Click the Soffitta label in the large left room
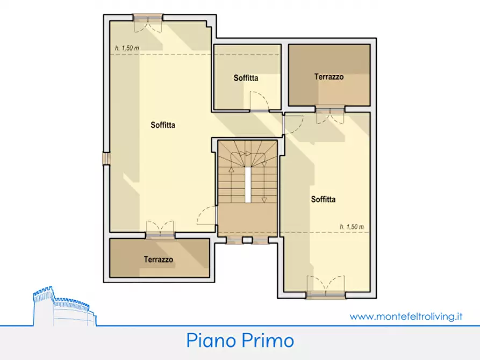click(x=163, y=125)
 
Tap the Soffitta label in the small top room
click(x=246, y=78)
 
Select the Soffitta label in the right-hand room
click(x=323, y=199)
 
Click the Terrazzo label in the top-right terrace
click(x=329, y=77)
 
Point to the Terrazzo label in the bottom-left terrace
click(x=159, y=260)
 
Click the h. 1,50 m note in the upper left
click(x=127, y=48)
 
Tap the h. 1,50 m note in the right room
click(x=352, y=227)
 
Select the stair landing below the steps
click(x=247, y=220)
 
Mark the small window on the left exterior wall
click(x=106, y=159)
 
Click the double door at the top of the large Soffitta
click(x=148, y=20)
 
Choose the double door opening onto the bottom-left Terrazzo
click(x=160, y=228)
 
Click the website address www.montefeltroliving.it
click(x=406, y=316)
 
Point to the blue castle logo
click(x=63, y=307)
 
